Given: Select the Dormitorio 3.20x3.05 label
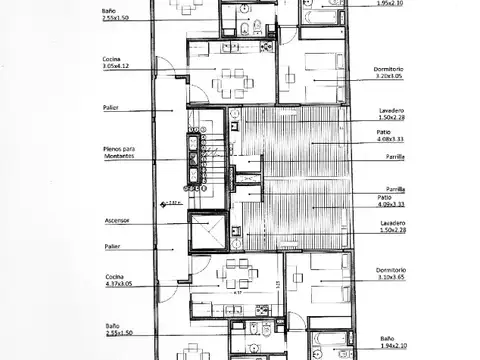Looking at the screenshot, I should click(361, 73).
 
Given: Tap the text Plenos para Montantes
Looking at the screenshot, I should click(117, 154).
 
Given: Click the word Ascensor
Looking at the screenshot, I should click(117, 221).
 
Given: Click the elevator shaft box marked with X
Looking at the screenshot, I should click(208, 233).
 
